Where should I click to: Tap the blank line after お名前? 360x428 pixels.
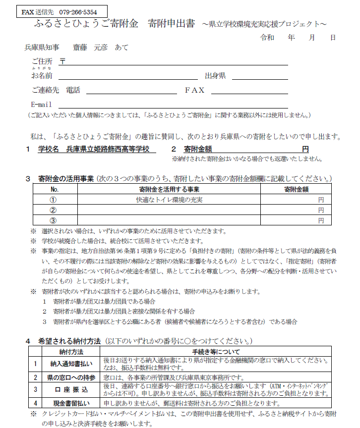(128, 76)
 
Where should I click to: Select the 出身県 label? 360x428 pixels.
(216, 76)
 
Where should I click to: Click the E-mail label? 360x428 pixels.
(42, 105)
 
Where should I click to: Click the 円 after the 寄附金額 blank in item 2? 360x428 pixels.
(305, 149)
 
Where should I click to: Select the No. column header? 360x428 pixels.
(54, 189)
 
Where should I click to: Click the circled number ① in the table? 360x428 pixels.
(54, 200)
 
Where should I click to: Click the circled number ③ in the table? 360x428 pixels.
(54, 220)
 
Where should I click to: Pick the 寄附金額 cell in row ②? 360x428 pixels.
(296, 210)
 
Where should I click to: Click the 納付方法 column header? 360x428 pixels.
(71, 351)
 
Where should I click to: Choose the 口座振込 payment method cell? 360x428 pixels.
(71, 389)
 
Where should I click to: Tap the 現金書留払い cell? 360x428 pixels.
(71, 403)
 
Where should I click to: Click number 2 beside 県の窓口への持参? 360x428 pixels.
(35, 377)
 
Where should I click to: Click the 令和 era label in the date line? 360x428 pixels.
(267, 38)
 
